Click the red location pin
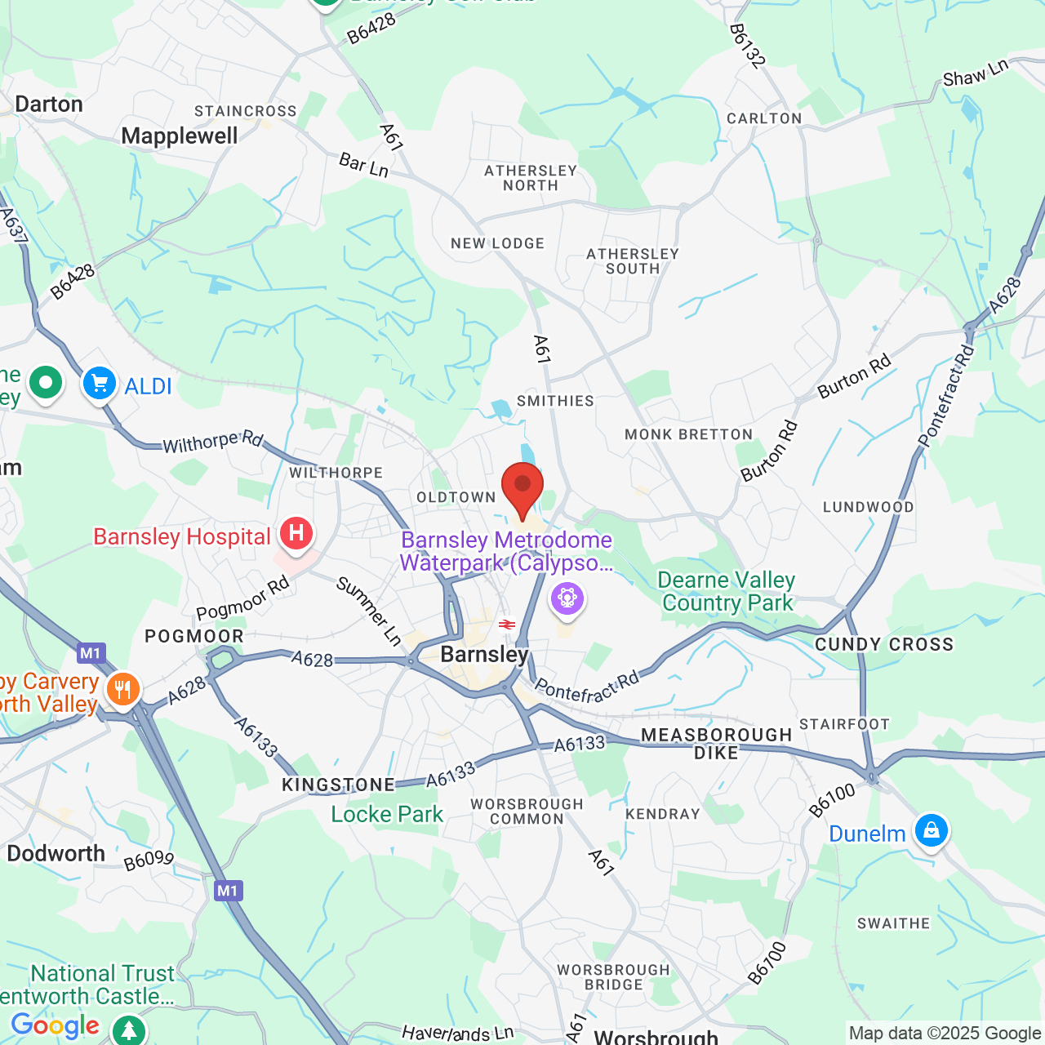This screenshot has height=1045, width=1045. (x=522, y=487)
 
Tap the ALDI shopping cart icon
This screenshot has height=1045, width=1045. (x=100, y=383)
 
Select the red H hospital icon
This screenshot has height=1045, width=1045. (x=296, y=534)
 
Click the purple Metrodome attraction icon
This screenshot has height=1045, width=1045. (x=567, y=598)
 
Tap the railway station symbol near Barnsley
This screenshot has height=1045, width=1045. (x=507, y=625)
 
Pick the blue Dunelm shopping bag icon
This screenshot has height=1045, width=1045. (x=931, y=831)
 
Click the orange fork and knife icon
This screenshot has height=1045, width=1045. (x=122, y=689)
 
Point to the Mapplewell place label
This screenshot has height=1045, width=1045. (x=180, y=136)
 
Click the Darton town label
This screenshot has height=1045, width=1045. (x=49, y=104)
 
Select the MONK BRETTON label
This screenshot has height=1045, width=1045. (x=688, y=434)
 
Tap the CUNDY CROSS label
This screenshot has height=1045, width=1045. (x=884, y=644)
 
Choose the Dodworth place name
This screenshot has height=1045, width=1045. (x=56, y=853)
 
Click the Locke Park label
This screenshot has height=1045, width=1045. (x=387, y=814)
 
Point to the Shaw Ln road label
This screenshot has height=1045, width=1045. (x=976, y=73)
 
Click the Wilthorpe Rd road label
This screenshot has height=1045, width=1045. (x=212, y=442)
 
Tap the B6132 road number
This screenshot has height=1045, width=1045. (x=748, y=46)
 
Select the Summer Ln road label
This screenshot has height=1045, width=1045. (x=369, y=611)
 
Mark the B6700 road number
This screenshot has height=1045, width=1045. (x=767, y=963)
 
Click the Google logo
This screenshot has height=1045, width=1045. (x=55, y=1025)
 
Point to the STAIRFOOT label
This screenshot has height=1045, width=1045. (x=844, y=724)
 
